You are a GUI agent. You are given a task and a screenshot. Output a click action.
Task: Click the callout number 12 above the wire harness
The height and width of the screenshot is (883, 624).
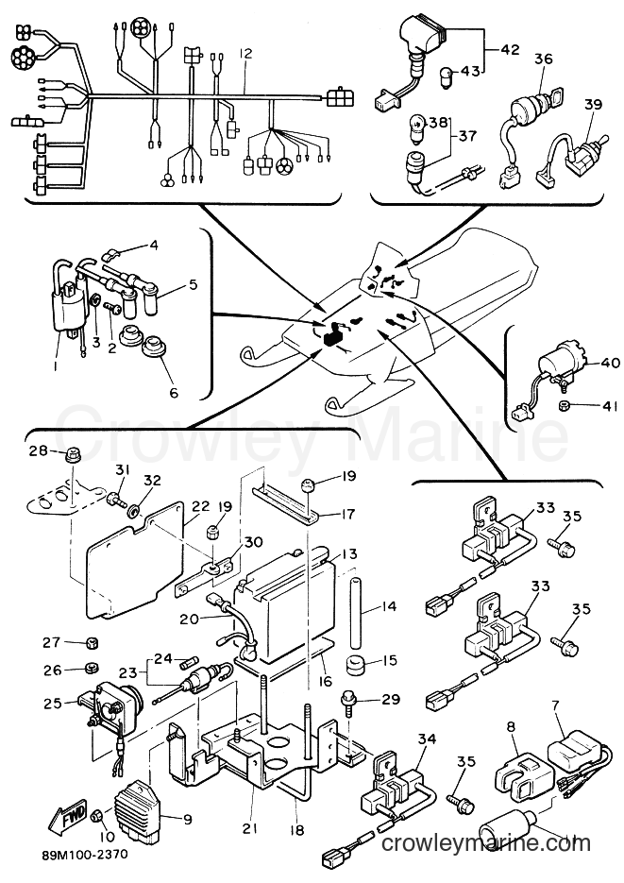(245, 54)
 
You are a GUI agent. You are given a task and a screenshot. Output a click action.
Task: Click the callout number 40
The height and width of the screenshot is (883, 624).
(610, 363)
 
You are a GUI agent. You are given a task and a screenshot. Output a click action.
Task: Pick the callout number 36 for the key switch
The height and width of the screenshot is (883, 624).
(543, 59)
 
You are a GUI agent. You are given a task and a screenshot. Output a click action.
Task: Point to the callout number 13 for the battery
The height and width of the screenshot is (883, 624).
(349, 553)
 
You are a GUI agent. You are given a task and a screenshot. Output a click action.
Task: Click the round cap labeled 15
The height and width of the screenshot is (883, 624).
(356, 664)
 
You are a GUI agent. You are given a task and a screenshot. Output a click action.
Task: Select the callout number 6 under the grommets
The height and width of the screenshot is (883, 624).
(174, 392)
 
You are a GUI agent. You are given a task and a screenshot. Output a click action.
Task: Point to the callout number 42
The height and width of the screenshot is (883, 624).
(511, 49)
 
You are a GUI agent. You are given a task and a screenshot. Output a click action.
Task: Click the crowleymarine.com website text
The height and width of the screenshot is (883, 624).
(486, 843)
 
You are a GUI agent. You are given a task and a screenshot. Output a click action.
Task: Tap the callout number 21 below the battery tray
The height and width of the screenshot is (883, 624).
(250, 828)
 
